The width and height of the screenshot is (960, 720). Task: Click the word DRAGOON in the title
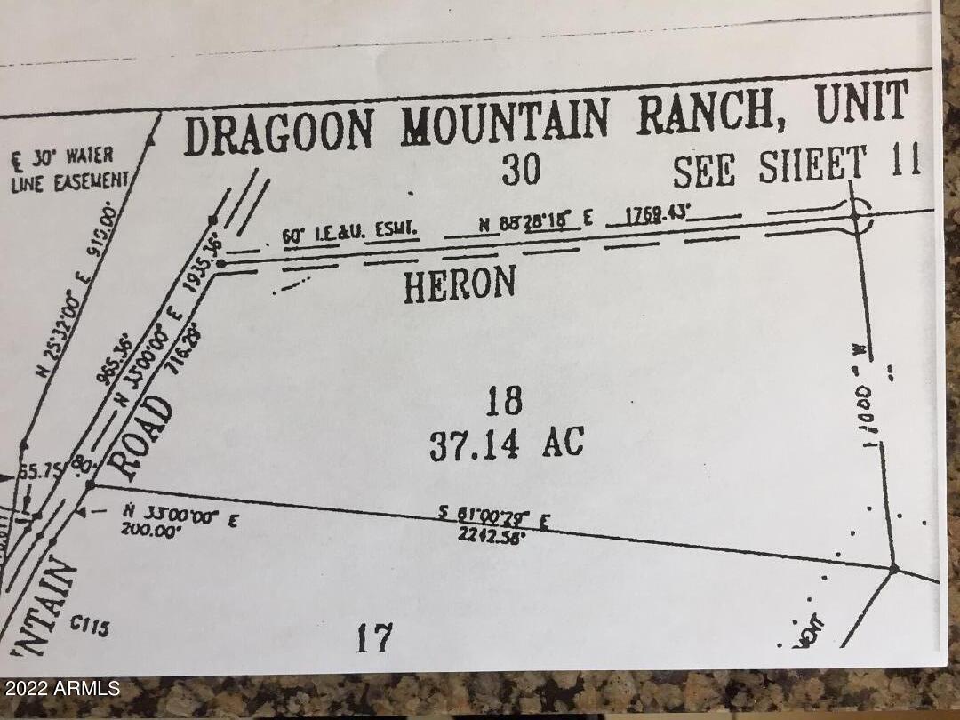click(279, 132)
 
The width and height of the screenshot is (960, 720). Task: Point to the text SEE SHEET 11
click(796, 166)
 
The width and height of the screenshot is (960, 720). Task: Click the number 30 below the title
click(521, 169)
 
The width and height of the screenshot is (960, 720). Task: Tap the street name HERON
click(460, 285)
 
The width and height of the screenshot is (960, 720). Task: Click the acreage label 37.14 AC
click(507, 443)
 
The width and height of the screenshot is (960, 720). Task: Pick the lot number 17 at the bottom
click(374, 637)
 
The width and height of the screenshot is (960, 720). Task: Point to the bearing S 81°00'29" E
click(492, 517)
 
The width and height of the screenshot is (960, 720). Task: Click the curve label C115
click(89, 626)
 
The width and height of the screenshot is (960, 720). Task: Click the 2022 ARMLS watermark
click(61, 688)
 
